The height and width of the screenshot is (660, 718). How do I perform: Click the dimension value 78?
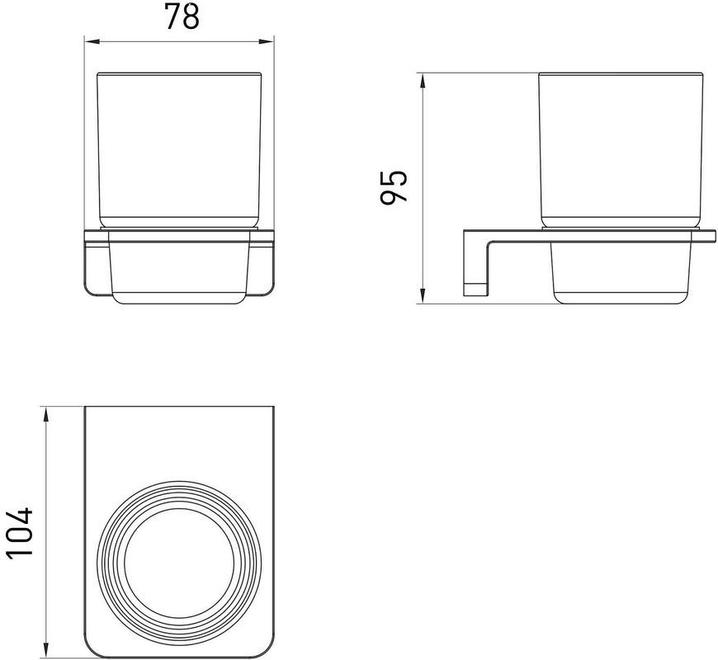click(x=182, y=17)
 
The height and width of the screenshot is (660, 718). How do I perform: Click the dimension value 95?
click(x=394, y=186)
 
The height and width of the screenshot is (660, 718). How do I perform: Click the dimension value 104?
click(x=20, y=531)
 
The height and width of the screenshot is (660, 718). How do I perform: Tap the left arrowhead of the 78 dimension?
click(x=92, y=41)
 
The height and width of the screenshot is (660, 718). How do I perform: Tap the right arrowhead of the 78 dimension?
click(x=266, y=41)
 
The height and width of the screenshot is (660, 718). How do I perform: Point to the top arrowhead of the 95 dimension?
click(x=423, y=81)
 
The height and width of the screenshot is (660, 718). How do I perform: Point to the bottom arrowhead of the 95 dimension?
click(x=423, y=295)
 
